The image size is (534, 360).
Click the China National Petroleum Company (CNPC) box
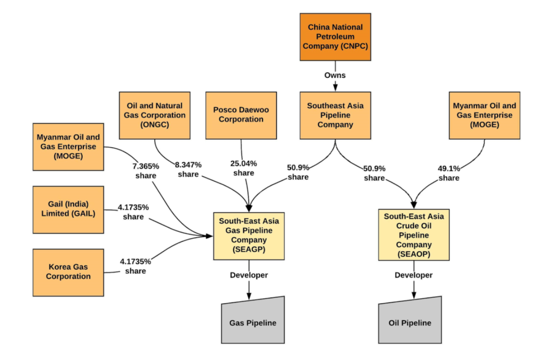tap(335, 37)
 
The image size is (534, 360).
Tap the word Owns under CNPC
tap(336, 75)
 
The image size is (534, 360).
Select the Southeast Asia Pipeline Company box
tap(335, 115)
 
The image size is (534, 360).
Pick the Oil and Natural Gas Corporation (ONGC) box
tap(155, 115)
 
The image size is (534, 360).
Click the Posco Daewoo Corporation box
tap(241, 115)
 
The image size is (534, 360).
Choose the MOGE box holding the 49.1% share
tap(484, 115)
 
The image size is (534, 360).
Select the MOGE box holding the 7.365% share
tap(68, 147)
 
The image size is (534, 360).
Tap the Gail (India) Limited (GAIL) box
tap(68, 209)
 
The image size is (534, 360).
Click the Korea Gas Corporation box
tap(68, 272)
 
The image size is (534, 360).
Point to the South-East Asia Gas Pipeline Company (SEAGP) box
tap(249, 236)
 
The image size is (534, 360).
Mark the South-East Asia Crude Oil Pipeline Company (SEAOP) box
tap(414, 235)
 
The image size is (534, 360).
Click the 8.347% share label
tap(188, 169)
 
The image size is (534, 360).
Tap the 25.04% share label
tap(244, 168)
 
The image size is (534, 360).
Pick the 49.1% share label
tap(449, 173)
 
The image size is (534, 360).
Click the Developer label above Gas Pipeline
tap(249, 275)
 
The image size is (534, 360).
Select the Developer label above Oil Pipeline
tap(413, 275)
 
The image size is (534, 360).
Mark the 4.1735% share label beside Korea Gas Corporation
tap(135, 266)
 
